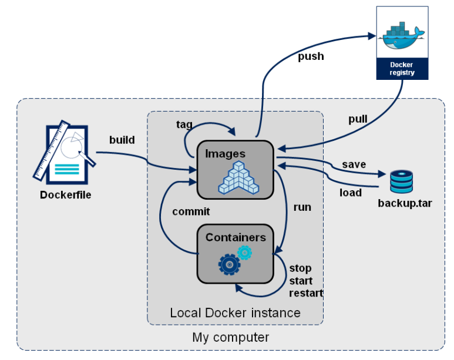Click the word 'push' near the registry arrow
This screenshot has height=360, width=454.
[x=311, y=57]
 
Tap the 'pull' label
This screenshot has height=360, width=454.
[x=358, y=119]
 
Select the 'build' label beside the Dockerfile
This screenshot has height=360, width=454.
[x=122, y=140]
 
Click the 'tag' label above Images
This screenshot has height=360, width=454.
[x=184, y=125]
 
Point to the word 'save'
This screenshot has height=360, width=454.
[x=354, y=164]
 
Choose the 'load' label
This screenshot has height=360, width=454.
[x=351, y=192]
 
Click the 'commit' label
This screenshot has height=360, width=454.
[x=191, y=211]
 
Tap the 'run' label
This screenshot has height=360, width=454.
[x=302, y=207]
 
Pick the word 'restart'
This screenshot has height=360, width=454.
[x=306, y=293]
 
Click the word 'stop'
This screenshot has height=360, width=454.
[x=300, y=268]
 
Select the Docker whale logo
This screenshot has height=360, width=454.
[x=402, y=36]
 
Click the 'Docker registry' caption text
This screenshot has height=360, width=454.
[x=402, y=68]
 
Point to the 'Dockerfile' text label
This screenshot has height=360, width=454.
[x=66, y=195]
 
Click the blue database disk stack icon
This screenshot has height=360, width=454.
[x=401, y=182]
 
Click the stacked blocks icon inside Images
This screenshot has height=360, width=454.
[x=238, y=177]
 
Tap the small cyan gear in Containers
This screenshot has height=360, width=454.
[x=244, y=253]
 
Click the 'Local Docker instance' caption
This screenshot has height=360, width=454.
[x=235, y=312]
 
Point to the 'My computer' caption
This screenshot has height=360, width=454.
[x=230, y=338]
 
